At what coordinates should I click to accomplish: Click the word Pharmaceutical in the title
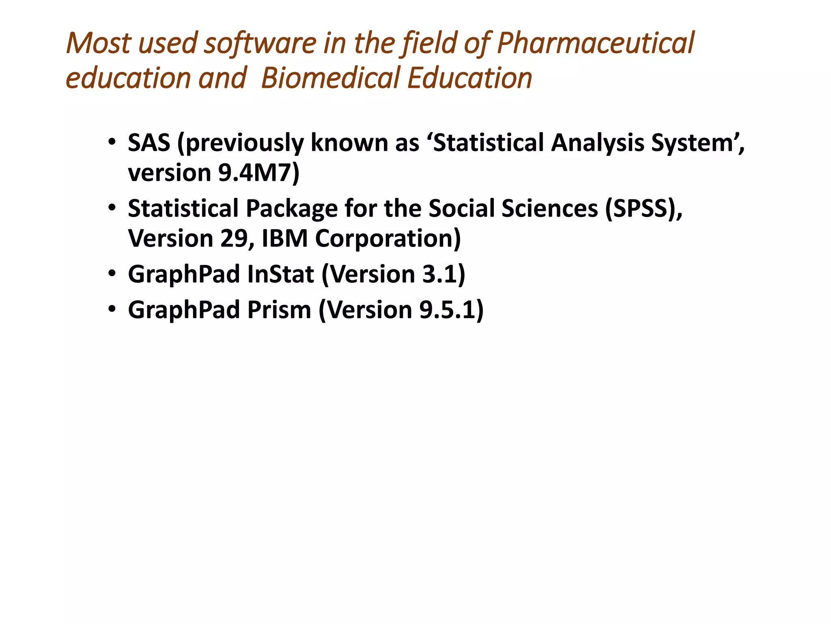coord(595,43)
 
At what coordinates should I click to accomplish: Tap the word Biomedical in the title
coord(330,78)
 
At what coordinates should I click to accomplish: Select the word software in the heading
coord(260,43)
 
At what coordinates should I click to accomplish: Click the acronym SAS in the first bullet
coord(149,143)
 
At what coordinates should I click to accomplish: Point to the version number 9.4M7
coord(255,173)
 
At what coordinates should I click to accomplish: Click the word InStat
coord(280,274)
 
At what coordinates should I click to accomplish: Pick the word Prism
coord(279,310)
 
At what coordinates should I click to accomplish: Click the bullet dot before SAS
coord(112,142)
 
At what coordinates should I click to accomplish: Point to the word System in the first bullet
coord(695,143)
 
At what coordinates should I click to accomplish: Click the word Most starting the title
coord(99,43)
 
